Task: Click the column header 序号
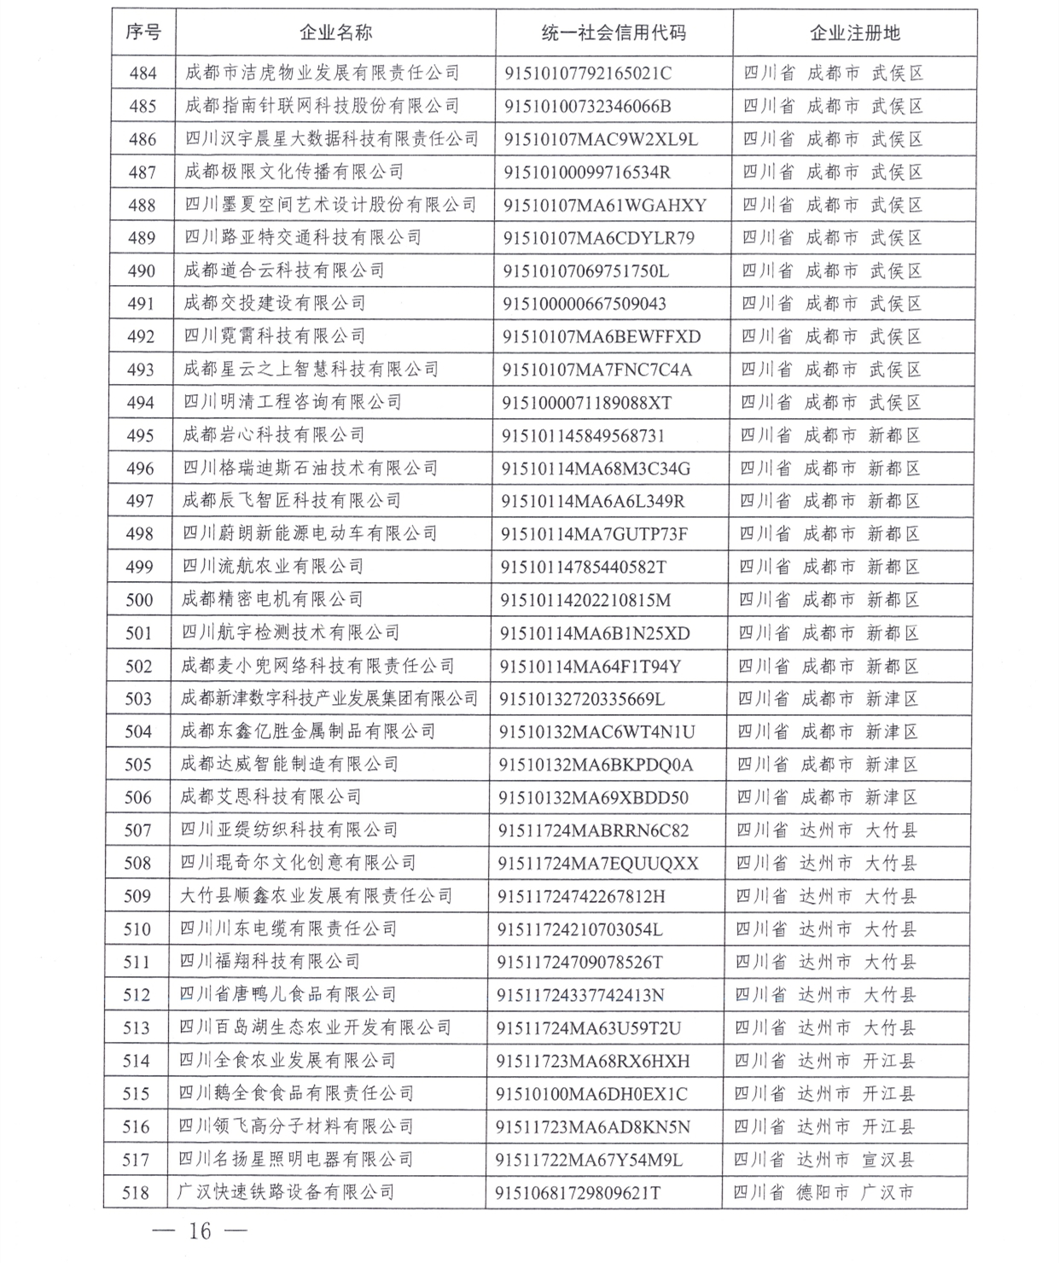pos(143,33)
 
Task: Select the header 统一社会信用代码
pos(614,33)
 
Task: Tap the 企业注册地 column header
pos(854,33)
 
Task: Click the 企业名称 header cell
pos(335,33)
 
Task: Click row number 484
pos(143,73)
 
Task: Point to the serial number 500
pos(139,600)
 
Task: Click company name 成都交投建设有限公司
pos(275,303)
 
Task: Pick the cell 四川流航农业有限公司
pos(273,567)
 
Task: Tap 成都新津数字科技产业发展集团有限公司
pos(329,699)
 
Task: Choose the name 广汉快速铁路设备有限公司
pos(286,1192)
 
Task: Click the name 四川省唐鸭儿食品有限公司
pos(288,995)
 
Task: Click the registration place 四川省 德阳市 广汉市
pos(823,1192)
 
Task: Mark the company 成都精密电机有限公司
pos(272,600)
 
